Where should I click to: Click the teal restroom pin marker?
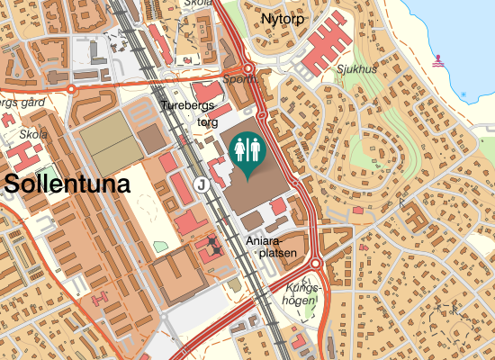[x=247, y=150]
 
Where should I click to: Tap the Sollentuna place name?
[x=67, y=184]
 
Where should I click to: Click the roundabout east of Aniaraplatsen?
[x=316, y=263]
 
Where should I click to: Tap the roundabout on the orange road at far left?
[x=71, y=89]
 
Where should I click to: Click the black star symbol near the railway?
[x=212, y=242]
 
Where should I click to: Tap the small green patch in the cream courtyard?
[x=160, y=246]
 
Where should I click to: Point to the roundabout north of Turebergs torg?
[x=248, y=68]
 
